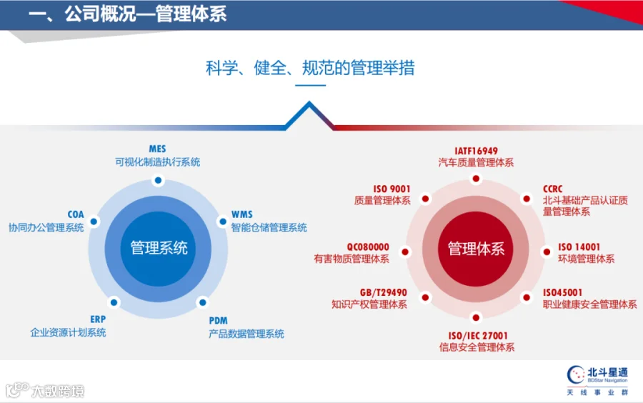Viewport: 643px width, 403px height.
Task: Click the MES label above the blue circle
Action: pos(157,149)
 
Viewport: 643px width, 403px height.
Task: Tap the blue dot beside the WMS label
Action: pos(223,222)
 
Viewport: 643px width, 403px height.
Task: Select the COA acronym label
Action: pos(76,214)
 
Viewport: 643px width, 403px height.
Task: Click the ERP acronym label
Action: pos(98,319)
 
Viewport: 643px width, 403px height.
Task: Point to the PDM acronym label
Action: pos(218,321)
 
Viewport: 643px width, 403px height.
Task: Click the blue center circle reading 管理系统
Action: pos(159,249)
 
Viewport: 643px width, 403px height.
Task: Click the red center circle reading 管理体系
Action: pos(476,249)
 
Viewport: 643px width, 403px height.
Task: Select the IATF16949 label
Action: pos(476,151)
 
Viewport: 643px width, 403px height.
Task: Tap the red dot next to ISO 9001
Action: pos(426,199)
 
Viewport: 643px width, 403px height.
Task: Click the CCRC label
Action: pos(553,189)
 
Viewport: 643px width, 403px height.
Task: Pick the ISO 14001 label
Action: pos(579,247)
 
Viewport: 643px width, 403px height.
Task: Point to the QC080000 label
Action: pos(368,247)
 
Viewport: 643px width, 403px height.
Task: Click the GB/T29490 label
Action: pos(384,292)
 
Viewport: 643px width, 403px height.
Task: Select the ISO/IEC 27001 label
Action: pos(478,336)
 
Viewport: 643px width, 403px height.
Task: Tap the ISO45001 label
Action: pos(563,292)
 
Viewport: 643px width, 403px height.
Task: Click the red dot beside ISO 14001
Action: pos(547,252)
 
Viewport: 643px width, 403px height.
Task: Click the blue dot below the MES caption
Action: pos(159,180)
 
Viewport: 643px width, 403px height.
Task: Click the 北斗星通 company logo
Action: pos(597,380)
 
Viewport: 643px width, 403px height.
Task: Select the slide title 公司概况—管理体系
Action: pos(146,14)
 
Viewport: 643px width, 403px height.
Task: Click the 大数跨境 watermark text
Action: pos(58,391)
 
